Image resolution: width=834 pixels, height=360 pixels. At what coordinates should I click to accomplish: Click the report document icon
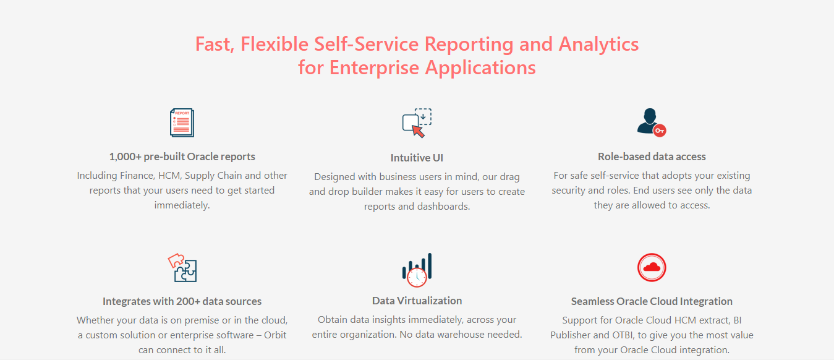click(182, 122)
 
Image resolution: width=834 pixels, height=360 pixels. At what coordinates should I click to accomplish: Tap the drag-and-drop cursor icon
click(417, 123)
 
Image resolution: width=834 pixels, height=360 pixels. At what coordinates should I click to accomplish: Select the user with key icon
click(651, 122)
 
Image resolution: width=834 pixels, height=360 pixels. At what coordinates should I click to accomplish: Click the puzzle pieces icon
click(182, 268)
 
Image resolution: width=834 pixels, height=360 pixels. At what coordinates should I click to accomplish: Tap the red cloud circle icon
click(652, 268)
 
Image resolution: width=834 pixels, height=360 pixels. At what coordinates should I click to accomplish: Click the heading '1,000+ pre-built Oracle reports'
click(182, 156)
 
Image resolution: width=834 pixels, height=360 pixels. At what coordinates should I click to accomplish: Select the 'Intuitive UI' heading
click(417, 158)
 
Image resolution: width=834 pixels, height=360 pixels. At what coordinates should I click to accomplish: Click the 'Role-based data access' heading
click(652, 156)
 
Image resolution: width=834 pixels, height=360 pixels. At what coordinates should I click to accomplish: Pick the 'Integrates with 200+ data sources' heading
click(182, 301)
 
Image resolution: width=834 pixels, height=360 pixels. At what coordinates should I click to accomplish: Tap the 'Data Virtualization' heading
click(417, 301)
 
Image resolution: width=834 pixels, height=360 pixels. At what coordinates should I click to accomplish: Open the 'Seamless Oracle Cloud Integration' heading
click(652, 301)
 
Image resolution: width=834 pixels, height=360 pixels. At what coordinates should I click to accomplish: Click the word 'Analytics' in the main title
click(598, 45)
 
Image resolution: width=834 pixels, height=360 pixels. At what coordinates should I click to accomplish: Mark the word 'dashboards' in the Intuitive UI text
click(443, 207)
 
